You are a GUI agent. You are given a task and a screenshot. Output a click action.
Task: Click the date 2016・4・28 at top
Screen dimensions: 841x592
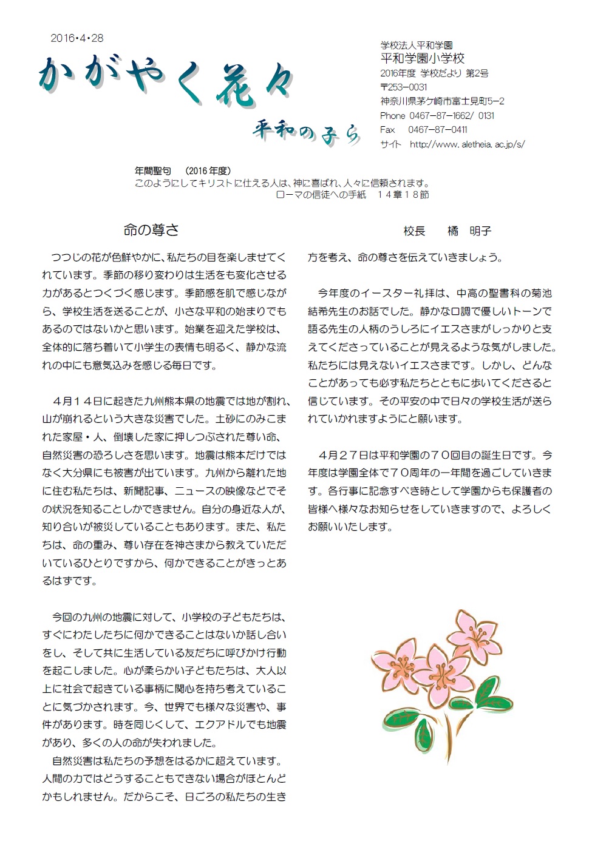[x=77, y=38]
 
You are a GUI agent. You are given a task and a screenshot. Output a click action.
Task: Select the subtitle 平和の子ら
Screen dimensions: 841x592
[x=307, y=132]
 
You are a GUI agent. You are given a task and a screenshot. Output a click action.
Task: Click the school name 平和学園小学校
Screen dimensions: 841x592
[x=422, y=59]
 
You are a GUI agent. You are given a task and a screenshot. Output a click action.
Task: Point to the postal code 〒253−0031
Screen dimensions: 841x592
[x=404, y=87]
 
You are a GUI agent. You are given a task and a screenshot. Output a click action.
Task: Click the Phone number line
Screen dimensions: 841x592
[x=437, y=116]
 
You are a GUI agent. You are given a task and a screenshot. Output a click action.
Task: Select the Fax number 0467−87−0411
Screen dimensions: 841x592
[x=437, y=130]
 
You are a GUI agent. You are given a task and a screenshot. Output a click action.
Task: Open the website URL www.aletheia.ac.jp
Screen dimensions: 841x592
[x=467, y=144]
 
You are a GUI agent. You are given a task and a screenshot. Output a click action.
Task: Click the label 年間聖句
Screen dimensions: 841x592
[x=153, y=172]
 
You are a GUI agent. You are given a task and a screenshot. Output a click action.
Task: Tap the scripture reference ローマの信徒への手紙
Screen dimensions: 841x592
[x=321, y=195]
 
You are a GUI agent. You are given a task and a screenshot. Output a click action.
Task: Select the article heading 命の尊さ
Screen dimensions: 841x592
[x=151, y=230]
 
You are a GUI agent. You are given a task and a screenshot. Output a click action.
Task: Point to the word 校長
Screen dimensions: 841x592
[x=415, y=231]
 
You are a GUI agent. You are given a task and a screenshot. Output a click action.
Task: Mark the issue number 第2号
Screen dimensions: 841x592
[x=477, y=73]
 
